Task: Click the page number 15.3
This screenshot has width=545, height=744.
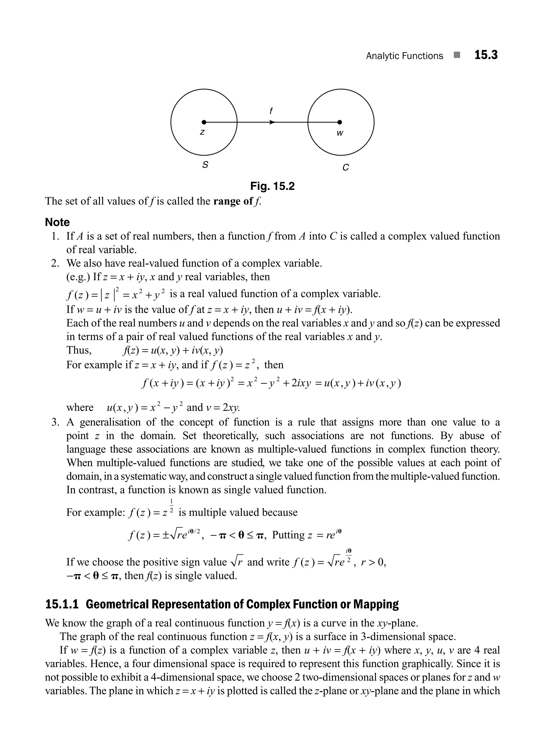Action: pyautogui.click(x=486, y=55)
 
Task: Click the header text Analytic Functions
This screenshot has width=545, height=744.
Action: pyautogui.click(x=404, y=56)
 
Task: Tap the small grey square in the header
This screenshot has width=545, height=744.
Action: pyautogui.click(x=457, y=55)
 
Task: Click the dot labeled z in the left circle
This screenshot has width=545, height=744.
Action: pyautogui.click(x=204, y=122)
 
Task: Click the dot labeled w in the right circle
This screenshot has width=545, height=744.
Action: pyautogui.click(x=340, y=122)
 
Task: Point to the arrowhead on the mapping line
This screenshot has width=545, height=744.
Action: pyautogui.click(x=272, y=122)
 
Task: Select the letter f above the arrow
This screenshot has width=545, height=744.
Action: pyautogui.click(x=271, y=111)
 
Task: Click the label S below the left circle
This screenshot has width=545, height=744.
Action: pyautogui.click(x=205, y=165)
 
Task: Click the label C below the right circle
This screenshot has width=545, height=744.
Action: pyautogui.click(x=345, y=168)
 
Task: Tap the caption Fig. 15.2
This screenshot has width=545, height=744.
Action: pyautogui.click(x=272, y=186)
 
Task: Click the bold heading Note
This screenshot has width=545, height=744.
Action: pyautogui.click(x=57, y=222)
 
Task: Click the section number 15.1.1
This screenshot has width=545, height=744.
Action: pyautogui.click(x=62, y=604)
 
